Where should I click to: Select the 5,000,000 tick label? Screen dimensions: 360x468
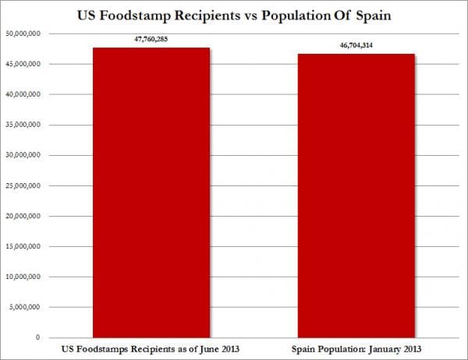27,308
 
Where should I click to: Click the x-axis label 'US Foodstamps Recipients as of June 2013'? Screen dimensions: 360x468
151,348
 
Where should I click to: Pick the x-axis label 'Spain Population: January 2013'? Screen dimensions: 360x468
356,348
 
